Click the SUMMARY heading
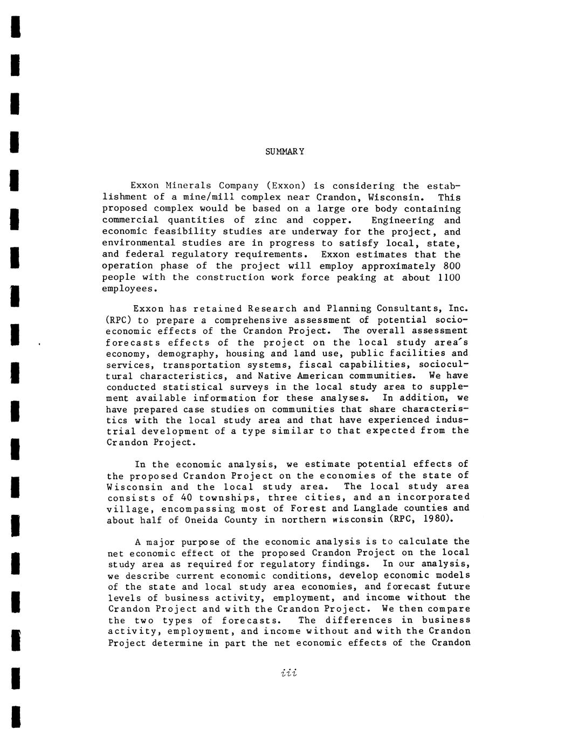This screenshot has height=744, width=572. click(x=285, y=151)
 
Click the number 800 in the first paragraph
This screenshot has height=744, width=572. click(x=452, y=266)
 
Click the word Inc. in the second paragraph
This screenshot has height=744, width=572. click(x=458, y=309)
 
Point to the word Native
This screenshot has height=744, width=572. click(x=277, y=376)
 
